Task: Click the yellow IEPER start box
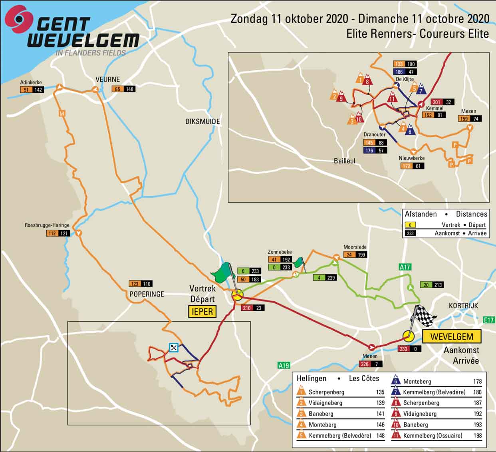pyautogui.click(x=202, y=311)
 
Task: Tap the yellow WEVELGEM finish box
pyautogui.click(x=452, y=337)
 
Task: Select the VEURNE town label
pyautogui.click(x=108, y=79)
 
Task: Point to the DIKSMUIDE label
pyautogui.click(x=202, y=121)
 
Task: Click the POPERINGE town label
pyautogui.click(x=147, y=294)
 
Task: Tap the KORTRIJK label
pyautogui.click(x=463, y=305)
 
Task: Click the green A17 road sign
pyautogui.click(x=405, y=267)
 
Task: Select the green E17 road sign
pyautogui.click(x=489, y=320)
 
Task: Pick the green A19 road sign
pyautogui.click(x=284, y=365)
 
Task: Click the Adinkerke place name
pyautogui.click(x=31, y=82)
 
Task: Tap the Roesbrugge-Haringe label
pyautogui.click(x=47, y=225)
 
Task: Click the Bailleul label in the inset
pyautogui.click(x=344, y=161)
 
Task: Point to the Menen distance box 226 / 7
pyautogui.click(x=371, y=364)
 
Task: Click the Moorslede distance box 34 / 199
pyautogui.click(x=355, y=255)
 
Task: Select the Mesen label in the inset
pyautogui.click(x=468, y=111)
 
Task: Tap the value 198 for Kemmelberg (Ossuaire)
pyautogui.click(x=478, y=436)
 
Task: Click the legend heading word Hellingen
pyautogui.click(x=311, y=378)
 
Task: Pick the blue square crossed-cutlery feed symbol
pyautogui.click(x=173, y=348)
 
